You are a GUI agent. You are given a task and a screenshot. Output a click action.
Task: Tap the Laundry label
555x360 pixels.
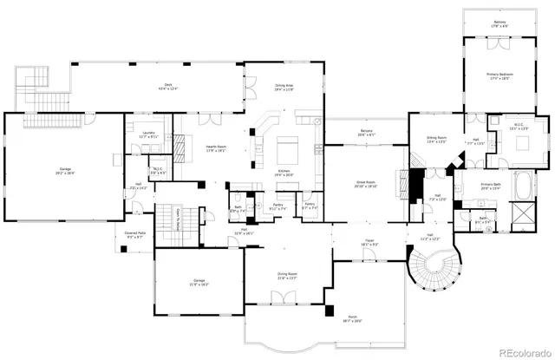click(x=148, y=134)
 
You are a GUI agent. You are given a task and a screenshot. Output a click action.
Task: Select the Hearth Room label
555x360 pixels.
click(x=215, y=149)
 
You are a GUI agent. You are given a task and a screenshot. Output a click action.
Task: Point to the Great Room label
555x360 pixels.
click(x=365, y=184)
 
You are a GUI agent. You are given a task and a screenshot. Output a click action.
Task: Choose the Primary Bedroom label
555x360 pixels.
click(x=499, y=77)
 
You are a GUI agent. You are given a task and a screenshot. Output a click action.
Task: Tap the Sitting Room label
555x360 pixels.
click(x=435, y=140)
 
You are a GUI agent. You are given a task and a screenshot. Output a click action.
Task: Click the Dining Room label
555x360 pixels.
click(x=286, y=277)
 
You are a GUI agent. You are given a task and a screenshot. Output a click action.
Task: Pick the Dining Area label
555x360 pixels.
click(x=284, y=88)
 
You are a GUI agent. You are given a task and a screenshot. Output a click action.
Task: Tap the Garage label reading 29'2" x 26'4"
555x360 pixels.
click(x=60, y=172)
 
